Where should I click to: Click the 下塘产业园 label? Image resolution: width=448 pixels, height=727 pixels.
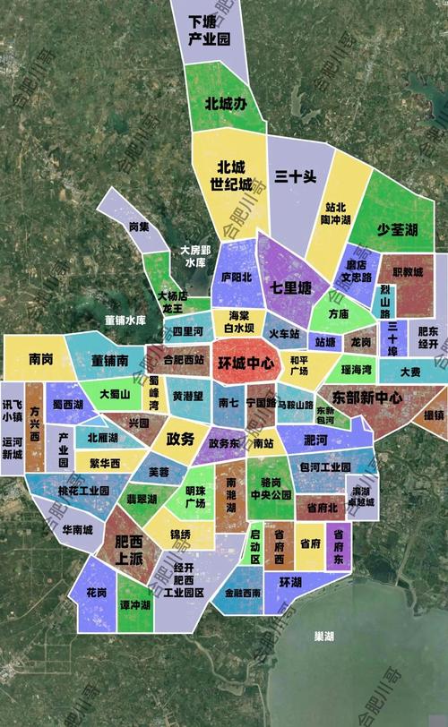[x=210, y=30]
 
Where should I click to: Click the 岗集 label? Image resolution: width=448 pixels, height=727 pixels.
[x=138, y=227]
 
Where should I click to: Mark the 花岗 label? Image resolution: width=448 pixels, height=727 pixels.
[x=97, y=594]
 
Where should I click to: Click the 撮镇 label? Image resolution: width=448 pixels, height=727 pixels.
[x=434, y=415]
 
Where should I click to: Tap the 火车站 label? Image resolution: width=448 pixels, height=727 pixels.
[x=285, y=334]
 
